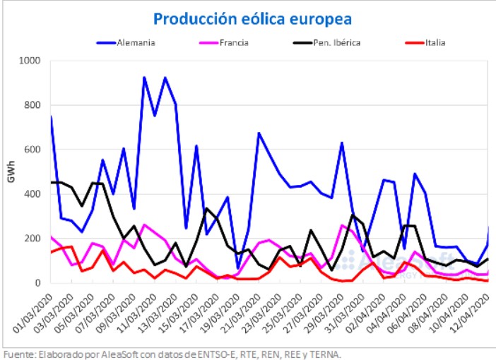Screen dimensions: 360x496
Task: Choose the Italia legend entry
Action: pos(435,42)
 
